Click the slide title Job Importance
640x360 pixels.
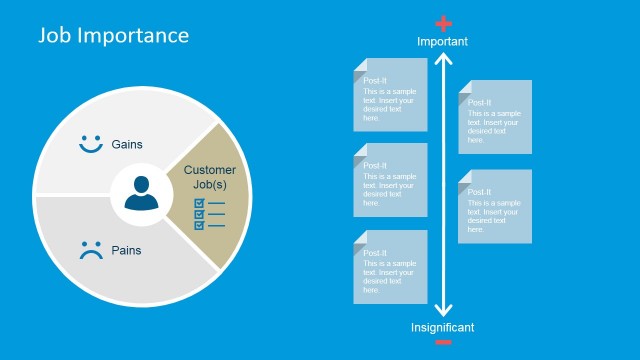click(x=113, y=36)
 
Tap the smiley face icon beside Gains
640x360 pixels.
click(x=91, y=144)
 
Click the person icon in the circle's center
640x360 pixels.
click(x=142, y=193)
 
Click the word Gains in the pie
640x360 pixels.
click(x=127, y=144)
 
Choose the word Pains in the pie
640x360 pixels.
click(x=126, y=251)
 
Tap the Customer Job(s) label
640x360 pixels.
click(x=210, y=177)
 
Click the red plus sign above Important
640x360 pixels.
click(x=444, y=24)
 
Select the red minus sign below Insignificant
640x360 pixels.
click(x=443, y=343)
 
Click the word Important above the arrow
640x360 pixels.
click(x=442, y=42)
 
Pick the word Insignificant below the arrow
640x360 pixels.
click(x=443, y=327)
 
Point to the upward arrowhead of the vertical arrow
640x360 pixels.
click(x=443, y=59)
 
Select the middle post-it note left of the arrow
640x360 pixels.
click(x=390, y=180)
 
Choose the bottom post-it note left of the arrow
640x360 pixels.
click(x=390, y=267)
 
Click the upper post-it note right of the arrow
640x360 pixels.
click(x=495, y=117)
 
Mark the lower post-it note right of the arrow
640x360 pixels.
click(x=495, y=206)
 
